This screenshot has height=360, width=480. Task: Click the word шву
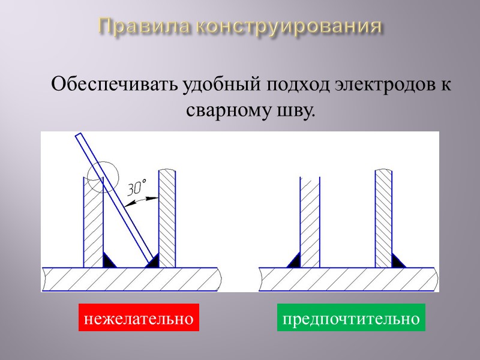click(x=292, y=110)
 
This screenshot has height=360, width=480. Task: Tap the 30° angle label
click(x=137, y=188)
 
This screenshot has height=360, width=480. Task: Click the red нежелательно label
click(x=138, y=318)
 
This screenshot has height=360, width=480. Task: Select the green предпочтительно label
click(x=351, y=318)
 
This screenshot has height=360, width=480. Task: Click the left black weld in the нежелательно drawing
click(x=109, y=261)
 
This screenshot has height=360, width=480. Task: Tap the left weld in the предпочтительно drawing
click(x=295, y=261)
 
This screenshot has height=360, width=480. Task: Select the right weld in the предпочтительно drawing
click(x=397, y=261)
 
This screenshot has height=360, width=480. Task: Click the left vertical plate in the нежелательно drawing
click(x=93, y=228)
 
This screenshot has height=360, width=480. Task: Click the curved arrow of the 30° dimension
click(x=142, y=202)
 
